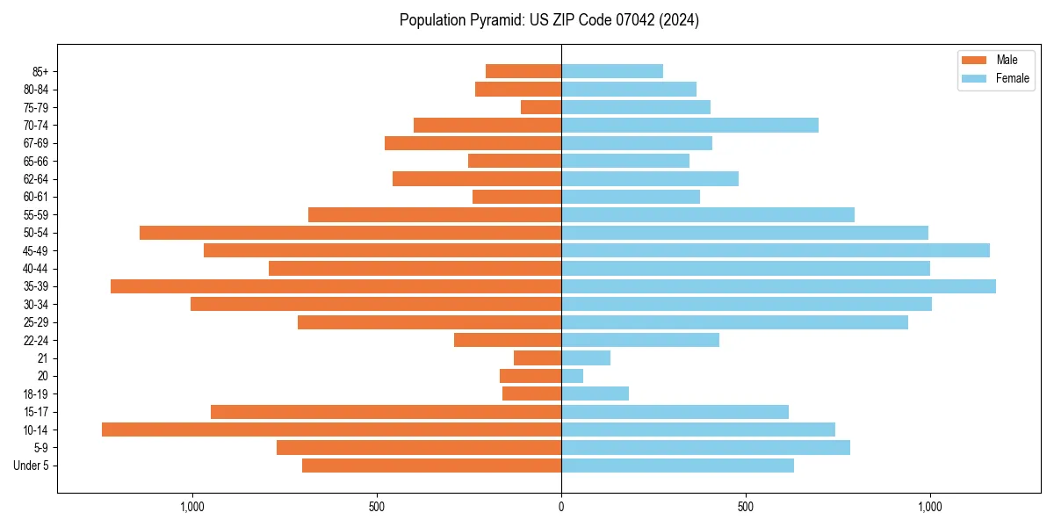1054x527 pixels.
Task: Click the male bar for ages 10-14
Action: coord(331,430)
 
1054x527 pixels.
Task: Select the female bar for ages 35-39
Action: coord(778,286)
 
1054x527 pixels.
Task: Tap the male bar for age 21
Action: coord(538,358)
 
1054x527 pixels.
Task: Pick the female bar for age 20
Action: coord(572,376)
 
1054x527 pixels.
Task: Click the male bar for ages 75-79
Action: coord(541,107)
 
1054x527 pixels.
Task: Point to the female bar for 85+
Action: coord(612,71)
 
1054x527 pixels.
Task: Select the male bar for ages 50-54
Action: coord(350,233)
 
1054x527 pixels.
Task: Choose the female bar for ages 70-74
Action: coord(689,126)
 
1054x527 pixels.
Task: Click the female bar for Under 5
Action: coord(677,466)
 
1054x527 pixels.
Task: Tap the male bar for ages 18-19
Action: coord(531,393)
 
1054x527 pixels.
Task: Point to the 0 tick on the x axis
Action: coord(561,507)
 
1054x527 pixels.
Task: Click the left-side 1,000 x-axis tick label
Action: coord(191,507)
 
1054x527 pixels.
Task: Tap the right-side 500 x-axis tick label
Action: coord(745,507)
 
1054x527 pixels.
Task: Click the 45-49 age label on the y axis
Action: coord(36,250)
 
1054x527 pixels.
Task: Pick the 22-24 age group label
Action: coord(36,340)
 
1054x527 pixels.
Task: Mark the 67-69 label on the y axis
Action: coord(36,143)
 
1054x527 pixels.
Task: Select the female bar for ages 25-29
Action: coord(734,322)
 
